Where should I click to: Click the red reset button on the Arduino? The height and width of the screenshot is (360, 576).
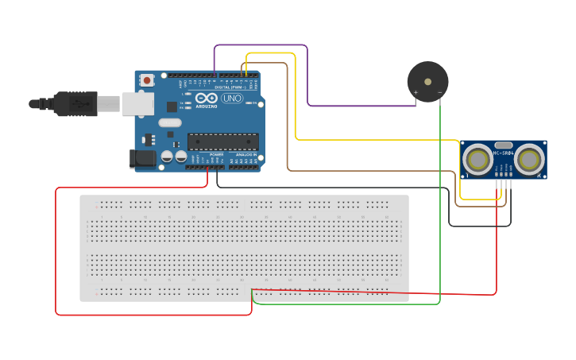coord(147,79)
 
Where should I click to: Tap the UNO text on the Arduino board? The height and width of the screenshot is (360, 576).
coord(232,99)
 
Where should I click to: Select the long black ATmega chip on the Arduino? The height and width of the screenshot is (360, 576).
coord(222,141)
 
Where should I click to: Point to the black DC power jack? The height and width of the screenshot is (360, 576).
coord(143,158)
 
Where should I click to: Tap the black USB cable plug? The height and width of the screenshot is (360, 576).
coord(75,103)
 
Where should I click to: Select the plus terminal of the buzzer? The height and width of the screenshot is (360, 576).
coord(415,93)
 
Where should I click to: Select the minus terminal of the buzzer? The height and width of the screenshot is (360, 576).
coord(440,93)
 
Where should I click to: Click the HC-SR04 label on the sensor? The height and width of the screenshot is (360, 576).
coord(504,153)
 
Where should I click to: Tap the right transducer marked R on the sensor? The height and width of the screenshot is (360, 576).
coord(528,159)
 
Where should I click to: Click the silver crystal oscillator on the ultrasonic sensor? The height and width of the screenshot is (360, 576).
coord(504,145)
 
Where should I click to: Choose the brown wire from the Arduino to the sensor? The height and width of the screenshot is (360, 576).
coord(287,119)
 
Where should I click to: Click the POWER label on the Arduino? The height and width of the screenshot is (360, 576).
coord(216,154)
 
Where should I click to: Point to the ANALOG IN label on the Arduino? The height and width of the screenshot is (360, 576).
coord(245,154)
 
